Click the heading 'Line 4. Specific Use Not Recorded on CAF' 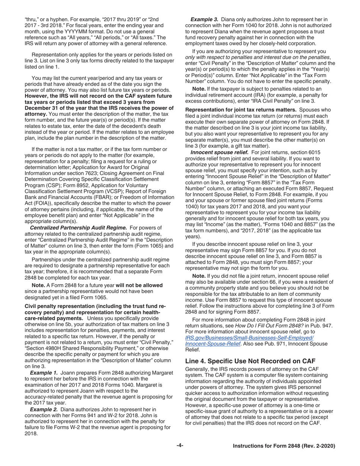(x=250, y=361)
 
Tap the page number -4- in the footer (x=180, y=446)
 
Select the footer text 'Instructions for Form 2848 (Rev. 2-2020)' (x=284, y=446)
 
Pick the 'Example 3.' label (x=204, y=19)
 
